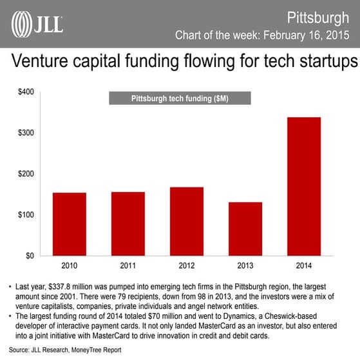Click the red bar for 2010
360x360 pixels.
coord(69,223)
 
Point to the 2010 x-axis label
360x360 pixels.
coord(69,265)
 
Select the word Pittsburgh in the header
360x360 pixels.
coord(317,14)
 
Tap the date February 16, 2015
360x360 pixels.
coord(307,33)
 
